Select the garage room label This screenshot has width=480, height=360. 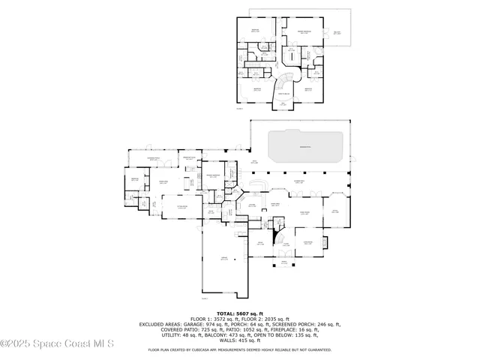(x=223, y=257)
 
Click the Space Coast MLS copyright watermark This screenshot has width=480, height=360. (x=57, y=344)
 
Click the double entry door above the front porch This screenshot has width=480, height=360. (x=284, y=253)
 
